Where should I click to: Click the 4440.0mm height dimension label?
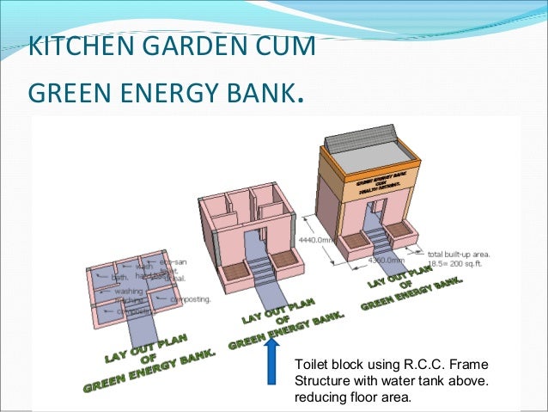(317, 240)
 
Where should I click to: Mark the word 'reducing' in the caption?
(320, 396)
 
